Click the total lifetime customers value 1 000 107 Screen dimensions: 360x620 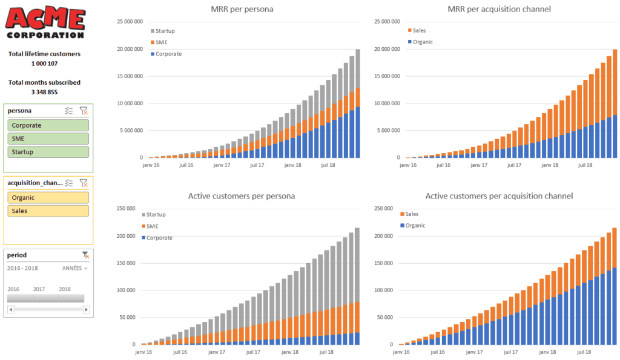[44, 64]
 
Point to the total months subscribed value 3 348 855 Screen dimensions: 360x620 [44, 92]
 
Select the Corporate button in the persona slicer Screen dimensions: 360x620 [48, 125]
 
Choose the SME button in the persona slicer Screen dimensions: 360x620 [48, 139]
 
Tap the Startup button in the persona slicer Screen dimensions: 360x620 [48, 152]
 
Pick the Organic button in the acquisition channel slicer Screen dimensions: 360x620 [48, 197]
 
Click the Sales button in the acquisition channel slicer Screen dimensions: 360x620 [48, 211]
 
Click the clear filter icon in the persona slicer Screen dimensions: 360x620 [84, 111]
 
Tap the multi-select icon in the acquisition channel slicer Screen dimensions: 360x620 [69, 183]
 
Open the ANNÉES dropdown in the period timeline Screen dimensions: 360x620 [75, 268]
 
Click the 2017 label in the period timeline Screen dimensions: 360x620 [39, 289]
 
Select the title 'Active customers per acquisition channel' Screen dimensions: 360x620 [499, 196]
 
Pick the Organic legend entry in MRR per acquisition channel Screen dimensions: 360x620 [421, 42]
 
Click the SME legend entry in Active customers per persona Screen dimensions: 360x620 [153, 226]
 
